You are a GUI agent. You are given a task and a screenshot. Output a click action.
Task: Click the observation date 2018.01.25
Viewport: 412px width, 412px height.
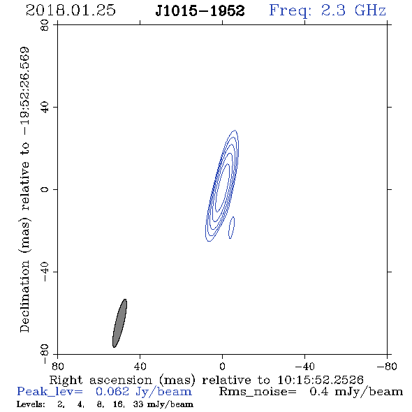(71, 10)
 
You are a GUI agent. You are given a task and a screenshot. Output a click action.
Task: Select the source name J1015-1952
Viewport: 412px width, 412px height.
(200, 10)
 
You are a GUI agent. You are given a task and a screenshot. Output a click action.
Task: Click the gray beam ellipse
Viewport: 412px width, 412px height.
(120, 323)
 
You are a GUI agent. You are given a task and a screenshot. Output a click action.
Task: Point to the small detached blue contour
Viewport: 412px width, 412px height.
(231, 228)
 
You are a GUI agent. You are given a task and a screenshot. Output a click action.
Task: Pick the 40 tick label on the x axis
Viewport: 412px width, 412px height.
(140, 367)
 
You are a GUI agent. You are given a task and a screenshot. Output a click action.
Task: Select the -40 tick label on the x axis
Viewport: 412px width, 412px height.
(304, 367)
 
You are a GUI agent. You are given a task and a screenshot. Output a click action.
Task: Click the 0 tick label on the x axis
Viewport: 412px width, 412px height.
(222, 367)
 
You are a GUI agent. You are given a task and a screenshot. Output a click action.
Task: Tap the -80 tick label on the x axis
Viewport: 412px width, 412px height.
(387, 367)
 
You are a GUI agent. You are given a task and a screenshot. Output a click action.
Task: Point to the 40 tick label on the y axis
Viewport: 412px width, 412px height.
(45, 107)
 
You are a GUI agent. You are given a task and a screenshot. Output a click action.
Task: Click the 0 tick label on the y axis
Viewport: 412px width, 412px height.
(45, 189)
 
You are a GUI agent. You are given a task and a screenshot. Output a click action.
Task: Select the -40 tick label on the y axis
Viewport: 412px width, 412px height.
(45, 272)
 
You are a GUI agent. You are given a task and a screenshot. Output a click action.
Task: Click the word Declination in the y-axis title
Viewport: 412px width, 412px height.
(24, 296)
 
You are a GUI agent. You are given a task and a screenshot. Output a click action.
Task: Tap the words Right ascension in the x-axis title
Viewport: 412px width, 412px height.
(101, 380)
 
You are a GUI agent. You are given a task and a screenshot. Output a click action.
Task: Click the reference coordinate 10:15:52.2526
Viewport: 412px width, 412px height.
(321, 380)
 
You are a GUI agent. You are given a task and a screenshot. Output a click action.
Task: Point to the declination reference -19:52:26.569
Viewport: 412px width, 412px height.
(25, 91)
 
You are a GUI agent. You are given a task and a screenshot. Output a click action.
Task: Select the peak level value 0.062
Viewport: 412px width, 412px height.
(112, 392)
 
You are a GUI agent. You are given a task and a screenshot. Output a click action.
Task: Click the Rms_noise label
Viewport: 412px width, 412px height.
(258, 392)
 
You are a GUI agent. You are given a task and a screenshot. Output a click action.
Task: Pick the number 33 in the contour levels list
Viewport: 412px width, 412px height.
(138, 404)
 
